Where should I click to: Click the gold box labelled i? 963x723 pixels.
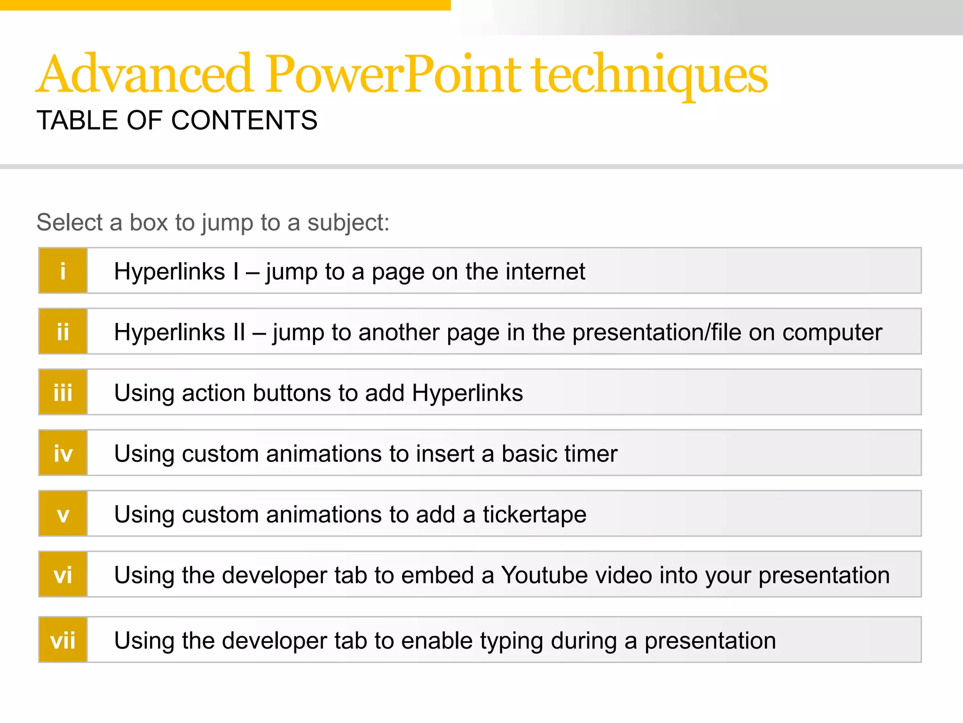(63, 271)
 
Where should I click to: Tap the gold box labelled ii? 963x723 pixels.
(63, 331)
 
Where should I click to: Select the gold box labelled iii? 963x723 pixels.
(63, 392)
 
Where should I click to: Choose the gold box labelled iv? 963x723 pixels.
(63, 453)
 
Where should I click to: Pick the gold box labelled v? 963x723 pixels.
(63, 514)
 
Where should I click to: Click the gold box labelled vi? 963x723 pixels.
(63, 574)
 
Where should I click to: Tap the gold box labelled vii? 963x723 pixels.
(63, 640)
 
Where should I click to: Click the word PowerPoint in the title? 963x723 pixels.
(393, 74)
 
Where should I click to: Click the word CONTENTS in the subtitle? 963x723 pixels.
(244, 120)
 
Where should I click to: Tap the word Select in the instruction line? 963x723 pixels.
(70, 222)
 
